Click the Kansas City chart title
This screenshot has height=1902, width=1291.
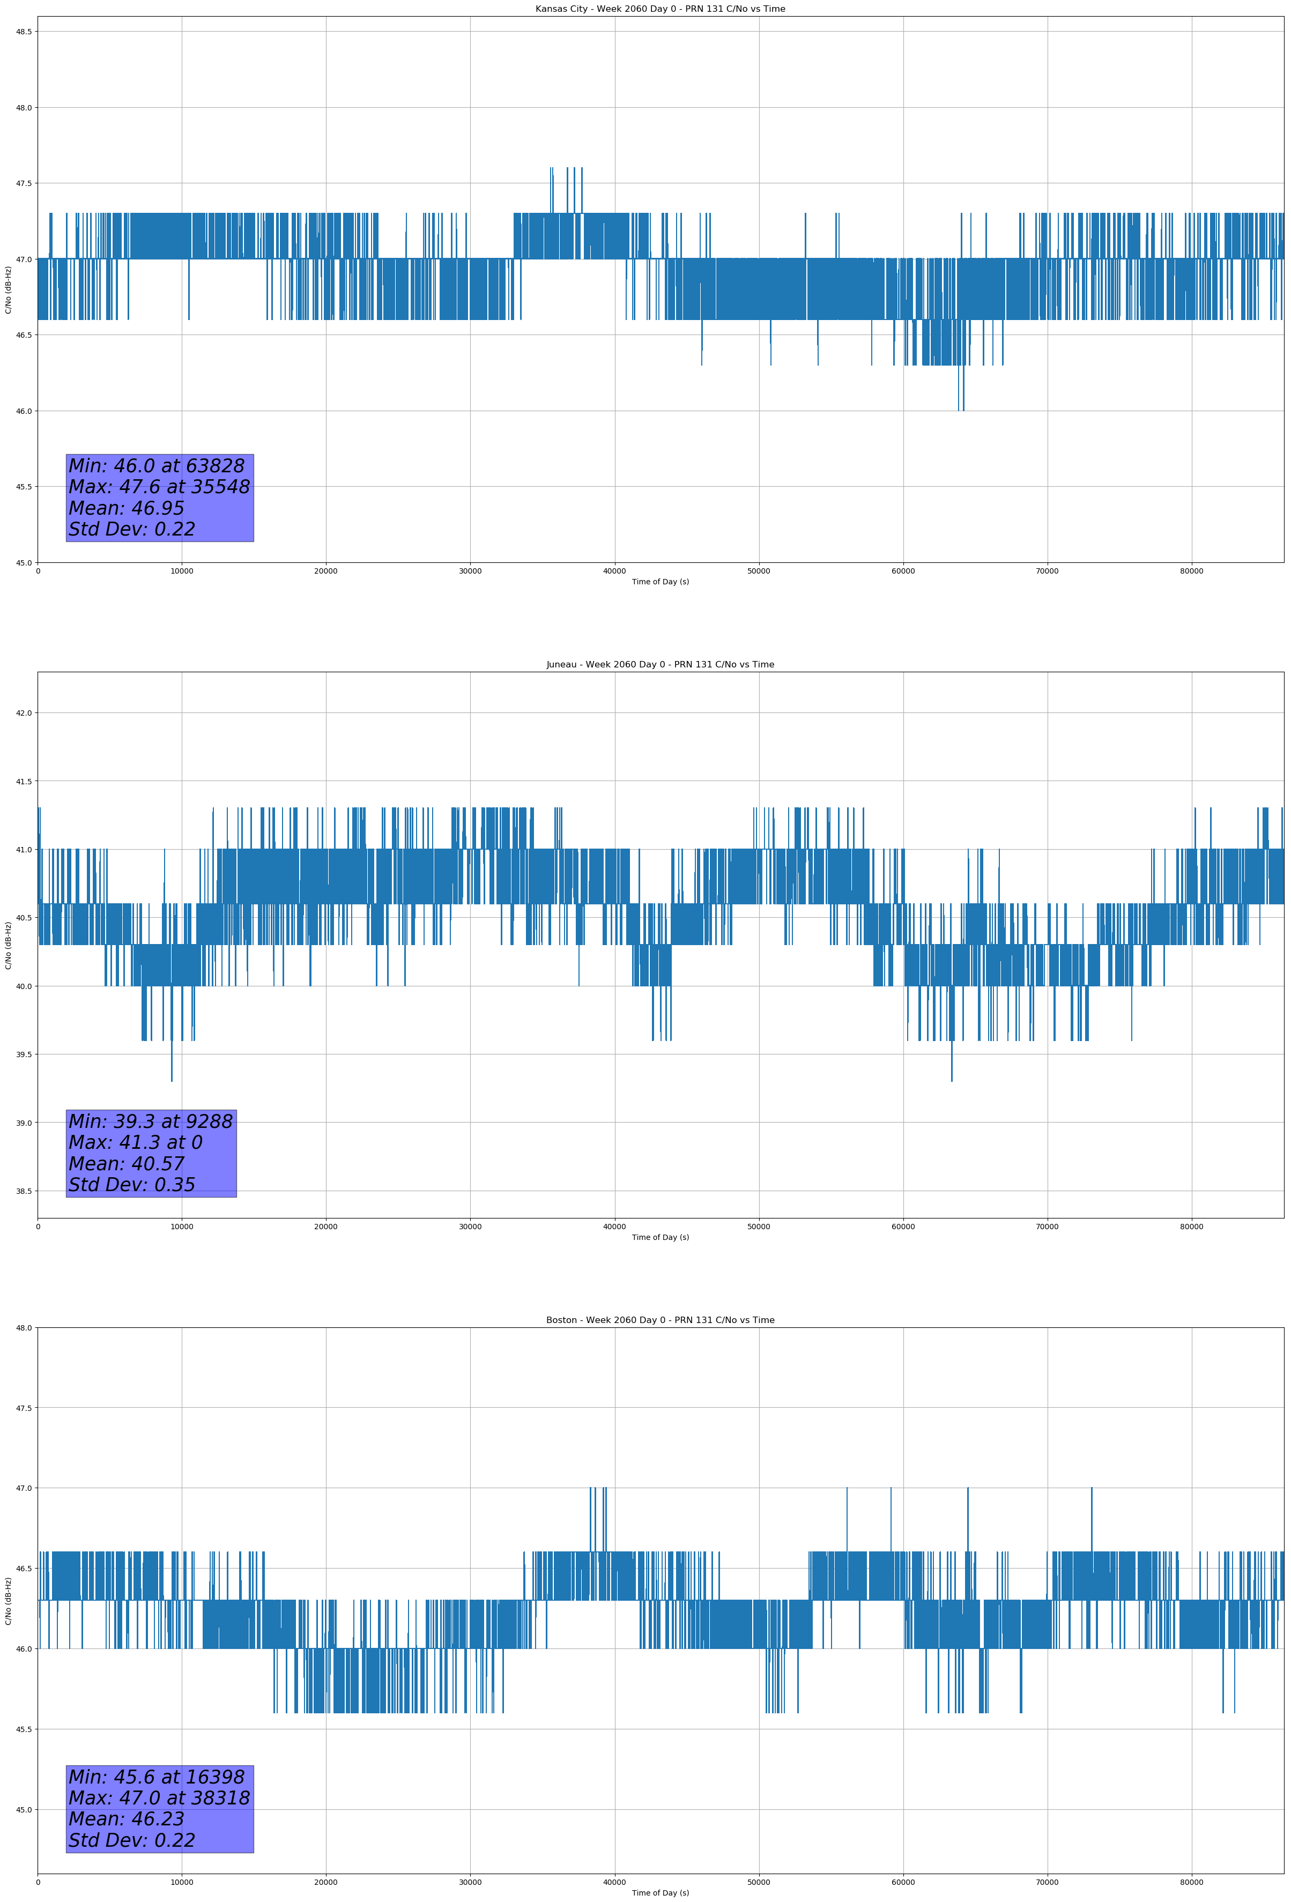660,9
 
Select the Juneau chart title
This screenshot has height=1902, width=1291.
660,665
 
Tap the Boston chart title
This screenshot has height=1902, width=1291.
660,1320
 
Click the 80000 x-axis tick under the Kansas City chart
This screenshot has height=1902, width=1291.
1191,571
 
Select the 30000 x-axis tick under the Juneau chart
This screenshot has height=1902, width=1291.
470,1227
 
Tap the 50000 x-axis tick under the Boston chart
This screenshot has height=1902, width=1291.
759,1882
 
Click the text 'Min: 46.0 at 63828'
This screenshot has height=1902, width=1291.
157,466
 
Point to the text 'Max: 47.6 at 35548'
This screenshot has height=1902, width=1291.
159,487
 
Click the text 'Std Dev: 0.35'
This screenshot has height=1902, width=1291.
132,1185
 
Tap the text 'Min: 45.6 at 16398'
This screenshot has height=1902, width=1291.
157,1777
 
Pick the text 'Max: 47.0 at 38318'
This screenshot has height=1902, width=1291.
159,1798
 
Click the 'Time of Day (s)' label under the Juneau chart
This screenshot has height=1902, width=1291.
660,1237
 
